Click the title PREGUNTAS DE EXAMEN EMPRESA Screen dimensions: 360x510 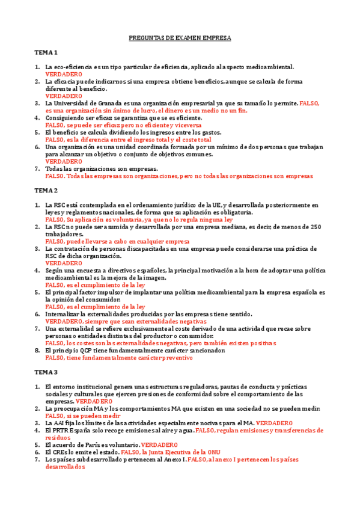pos(180,37)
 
